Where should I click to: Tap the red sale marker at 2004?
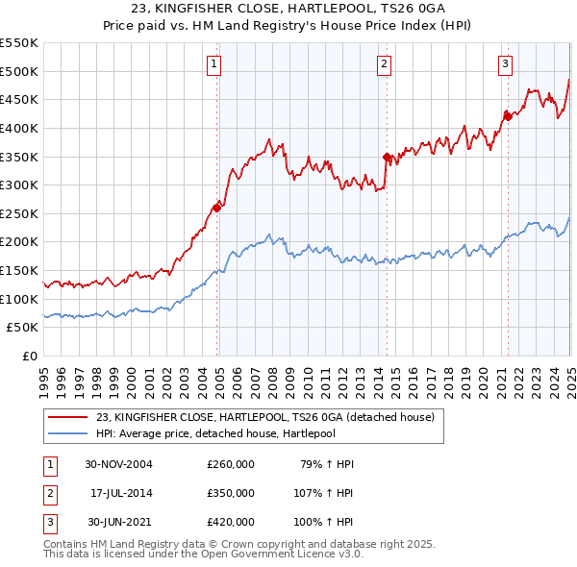[217, 207]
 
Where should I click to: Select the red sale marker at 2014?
[387, 157]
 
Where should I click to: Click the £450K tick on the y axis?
[19, 99]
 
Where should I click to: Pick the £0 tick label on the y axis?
[29, 356]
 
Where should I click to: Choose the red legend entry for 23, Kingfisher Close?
[265, 417]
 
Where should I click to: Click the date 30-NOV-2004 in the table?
[118, 464]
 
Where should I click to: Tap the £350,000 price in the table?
[231, 493]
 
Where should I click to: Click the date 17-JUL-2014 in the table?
[118, 493]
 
